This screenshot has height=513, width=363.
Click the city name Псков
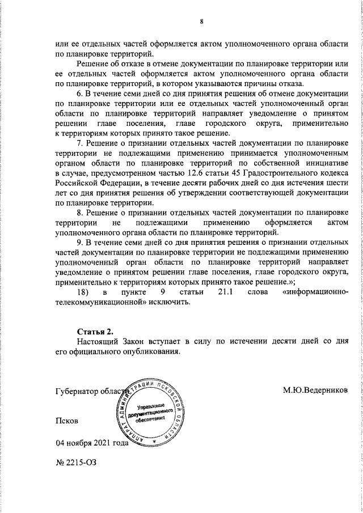pyautogui.click(x=67, y=422)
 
